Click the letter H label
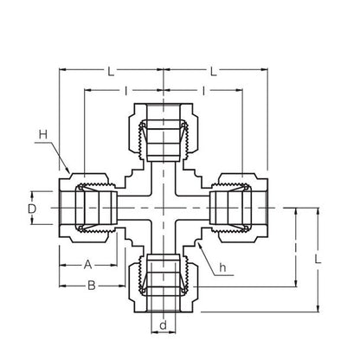coord(42,133)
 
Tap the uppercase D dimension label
coord(32,209)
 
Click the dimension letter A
coord(87,264)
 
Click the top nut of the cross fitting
coord(162,128)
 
